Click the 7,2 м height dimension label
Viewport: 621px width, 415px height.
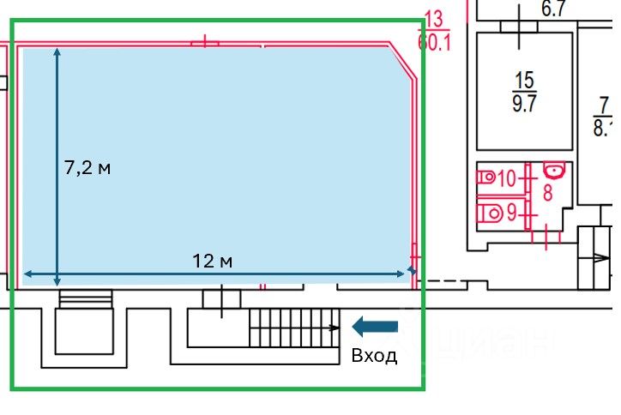coord(87,168)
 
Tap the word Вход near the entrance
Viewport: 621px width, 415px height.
coord(375,356)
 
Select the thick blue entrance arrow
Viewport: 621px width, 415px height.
coord(376,326)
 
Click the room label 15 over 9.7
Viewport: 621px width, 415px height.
coord(523,93)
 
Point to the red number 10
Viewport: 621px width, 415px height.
coord(506,179)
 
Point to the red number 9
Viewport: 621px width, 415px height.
coord(511,211)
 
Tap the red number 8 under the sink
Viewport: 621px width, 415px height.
coord(547,193)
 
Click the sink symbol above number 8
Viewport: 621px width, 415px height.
coord(553,171)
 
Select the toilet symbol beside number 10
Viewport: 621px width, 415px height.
coord(485,178)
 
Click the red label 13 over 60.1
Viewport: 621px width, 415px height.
coord(434,31)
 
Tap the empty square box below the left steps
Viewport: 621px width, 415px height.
coord(84,332)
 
